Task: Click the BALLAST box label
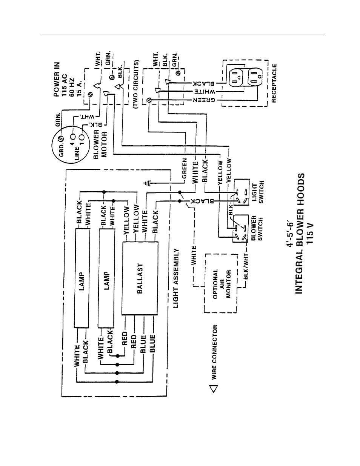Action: [x=140, y=278]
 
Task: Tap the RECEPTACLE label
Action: [x=274, y=83]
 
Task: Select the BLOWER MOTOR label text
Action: [x=100, y=145]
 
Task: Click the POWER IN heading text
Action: [x=57, y=79]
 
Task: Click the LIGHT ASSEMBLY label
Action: [x=176, y=278]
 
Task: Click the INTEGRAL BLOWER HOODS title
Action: [x=300, y=233]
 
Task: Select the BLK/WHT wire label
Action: [x=246, y=266]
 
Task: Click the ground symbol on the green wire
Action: [x=147, y=183]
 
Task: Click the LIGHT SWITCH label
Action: [x=258, y=192]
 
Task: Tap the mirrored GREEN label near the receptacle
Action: [x=204, y=100]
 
